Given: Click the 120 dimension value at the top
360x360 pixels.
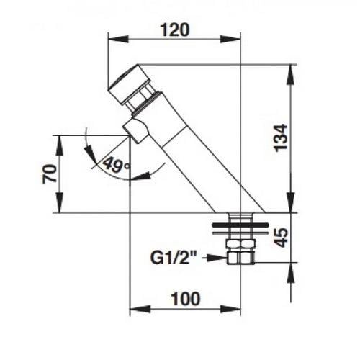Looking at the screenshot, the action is pos(175,30).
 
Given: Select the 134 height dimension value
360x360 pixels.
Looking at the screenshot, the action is pos(281,138).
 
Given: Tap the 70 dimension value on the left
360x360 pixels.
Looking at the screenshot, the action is pos(50,174).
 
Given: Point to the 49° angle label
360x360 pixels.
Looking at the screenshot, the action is pos(116,164).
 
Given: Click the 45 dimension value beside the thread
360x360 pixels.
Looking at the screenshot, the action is pos(281,238).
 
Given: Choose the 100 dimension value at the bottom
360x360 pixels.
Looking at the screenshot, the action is pos(186,299).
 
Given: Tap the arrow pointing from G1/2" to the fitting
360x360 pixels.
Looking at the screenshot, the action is pos(215,258).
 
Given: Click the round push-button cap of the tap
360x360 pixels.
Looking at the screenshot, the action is pos(128,84).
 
